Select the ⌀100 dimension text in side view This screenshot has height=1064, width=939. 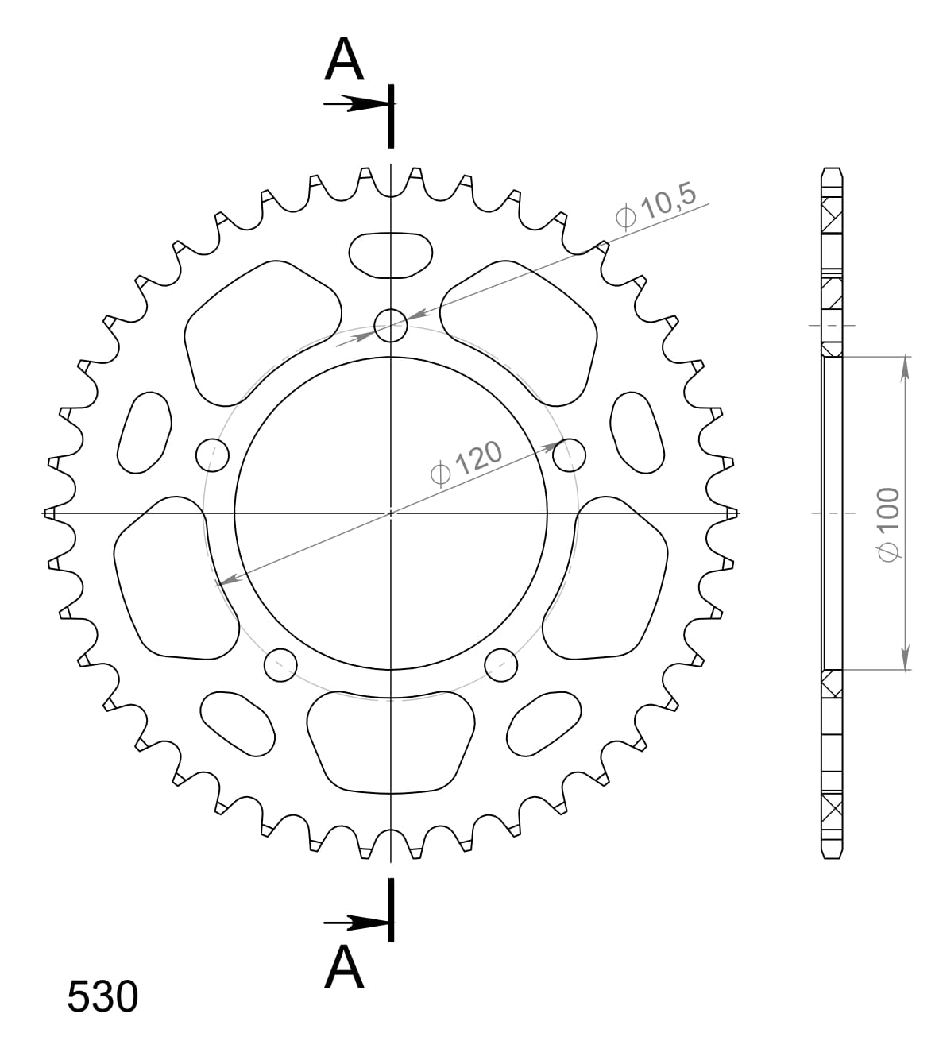[x=887, y=524]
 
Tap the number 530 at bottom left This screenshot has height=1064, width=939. [x=102, y=996]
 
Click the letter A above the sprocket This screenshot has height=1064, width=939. [x=344, y=60]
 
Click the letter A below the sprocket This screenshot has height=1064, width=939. [x=344, y=968]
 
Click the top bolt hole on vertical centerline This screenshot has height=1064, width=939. [x=390, y=324]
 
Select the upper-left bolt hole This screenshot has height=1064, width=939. [x=212, y=455]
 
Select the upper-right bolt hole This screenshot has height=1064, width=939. [x=569, y=455]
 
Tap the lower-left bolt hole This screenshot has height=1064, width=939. [x=280, y=664]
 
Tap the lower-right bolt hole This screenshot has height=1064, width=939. [x=501, y=664]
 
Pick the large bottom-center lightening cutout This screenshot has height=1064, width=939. [x=390, y=741]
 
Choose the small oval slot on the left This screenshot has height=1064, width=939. [x=145, y=433]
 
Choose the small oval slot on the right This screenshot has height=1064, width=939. [x=637, y=433]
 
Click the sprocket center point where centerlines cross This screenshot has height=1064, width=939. [x=390, y=513]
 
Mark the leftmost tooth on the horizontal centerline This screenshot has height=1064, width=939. [x=50, y=513]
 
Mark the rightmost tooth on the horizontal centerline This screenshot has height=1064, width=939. [x=731, y=513]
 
